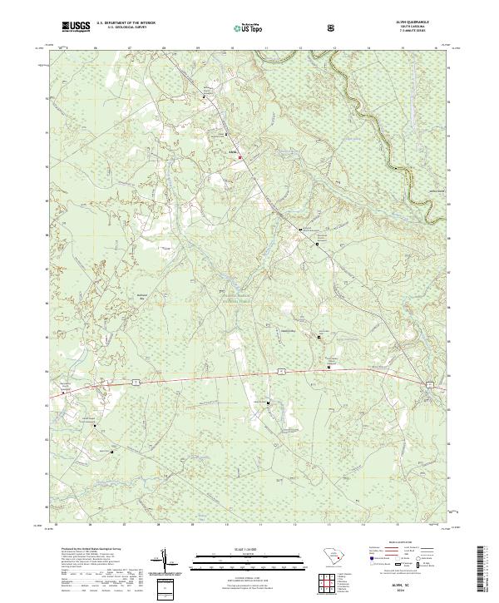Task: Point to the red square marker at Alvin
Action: point(241,156)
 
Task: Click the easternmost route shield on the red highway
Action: point(429,383)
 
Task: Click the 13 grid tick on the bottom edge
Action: point(329,526)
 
